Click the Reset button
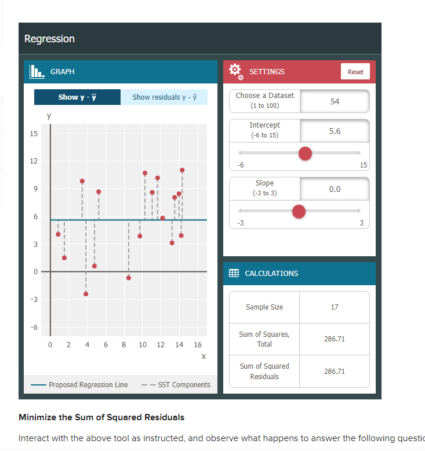(x=355, y=72)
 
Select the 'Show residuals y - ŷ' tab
(x=164, y=97)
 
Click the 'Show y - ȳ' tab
(x=77, y=97)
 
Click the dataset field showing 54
(x=335, y=101)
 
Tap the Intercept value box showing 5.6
(x=335, y=131)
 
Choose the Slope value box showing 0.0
(x=335, y=189)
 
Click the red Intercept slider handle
(x=305, y=153)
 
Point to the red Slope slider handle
(x=299, y=212)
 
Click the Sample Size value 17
(x=335, y=307)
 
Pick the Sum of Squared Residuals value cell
(x=335, y=371)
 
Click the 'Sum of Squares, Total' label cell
(x=264, y=339)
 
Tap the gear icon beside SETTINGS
(x=235, y=71)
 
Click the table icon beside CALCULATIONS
(x=234, y=273)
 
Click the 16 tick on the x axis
(x=197, y=345)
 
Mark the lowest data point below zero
(x=86, y=294)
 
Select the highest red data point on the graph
(x=182, y=170)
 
